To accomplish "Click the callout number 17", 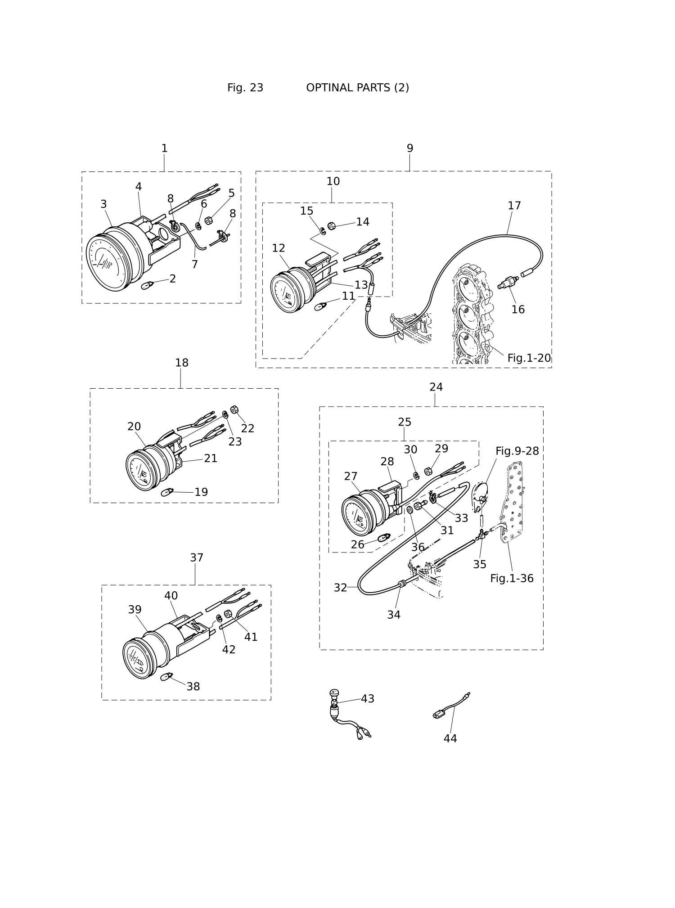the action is tap(514, 206).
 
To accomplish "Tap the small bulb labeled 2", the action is tap(148, 285).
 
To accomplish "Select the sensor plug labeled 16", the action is tap(508, 283).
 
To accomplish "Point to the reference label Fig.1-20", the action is tap(529, 358).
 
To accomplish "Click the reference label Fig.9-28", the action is tap(517, 451).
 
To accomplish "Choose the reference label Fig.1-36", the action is tap(512, 579).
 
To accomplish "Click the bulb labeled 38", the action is tap(167, 676).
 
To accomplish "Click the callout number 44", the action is tap(450, 738).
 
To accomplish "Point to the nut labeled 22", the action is tap(234, 409).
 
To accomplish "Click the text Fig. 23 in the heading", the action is tap(245, 88).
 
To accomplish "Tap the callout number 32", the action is tap(341, 588).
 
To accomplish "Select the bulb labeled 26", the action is tap(384, 537).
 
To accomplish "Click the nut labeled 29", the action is tap(428, 472).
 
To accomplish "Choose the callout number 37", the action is tap(197, 558).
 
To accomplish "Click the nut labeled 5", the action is tap(208, 220).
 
